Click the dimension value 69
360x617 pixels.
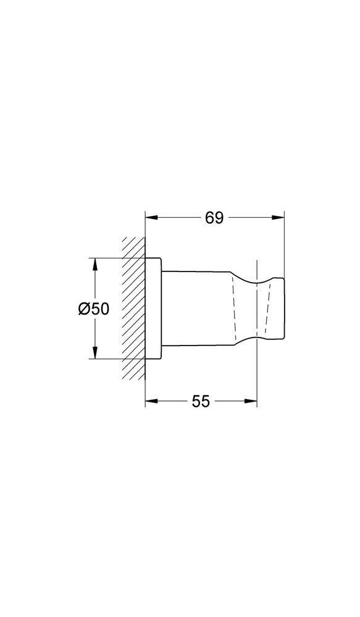[x=214, y=218]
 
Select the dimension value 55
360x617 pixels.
[x=201, y=401]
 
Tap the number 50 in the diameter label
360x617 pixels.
[x=100, y=308]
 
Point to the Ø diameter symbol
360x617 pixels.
[x=85, y=308]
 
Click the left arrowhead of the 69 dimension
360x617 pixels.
[x=150, y=218]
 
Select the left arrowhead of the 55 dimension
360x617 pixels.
[x=150, y=401]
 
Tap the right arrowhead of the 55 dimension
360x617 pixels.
[x=251, y=401]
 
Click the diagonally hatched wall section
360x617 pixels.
[x=133, y=308]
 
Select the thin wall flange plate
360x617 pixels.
[x=153, y=308]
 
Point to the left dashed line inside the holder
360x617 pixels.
[x=233, y=308]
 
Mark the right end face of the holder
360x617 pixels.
[x=283, y=308]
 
